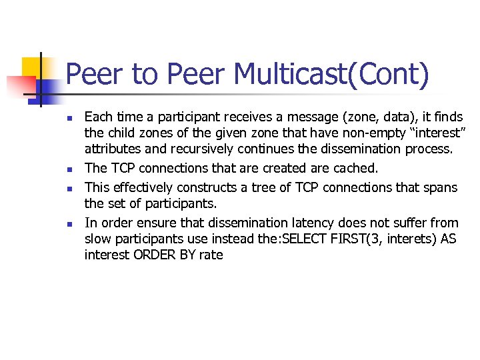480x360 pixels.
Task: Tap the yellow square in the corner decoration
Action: pos(32,66)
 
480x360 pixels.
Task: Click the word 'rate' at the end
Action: pos(211,255)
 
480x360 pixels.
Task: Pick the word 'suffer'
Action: pos(411,222)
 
